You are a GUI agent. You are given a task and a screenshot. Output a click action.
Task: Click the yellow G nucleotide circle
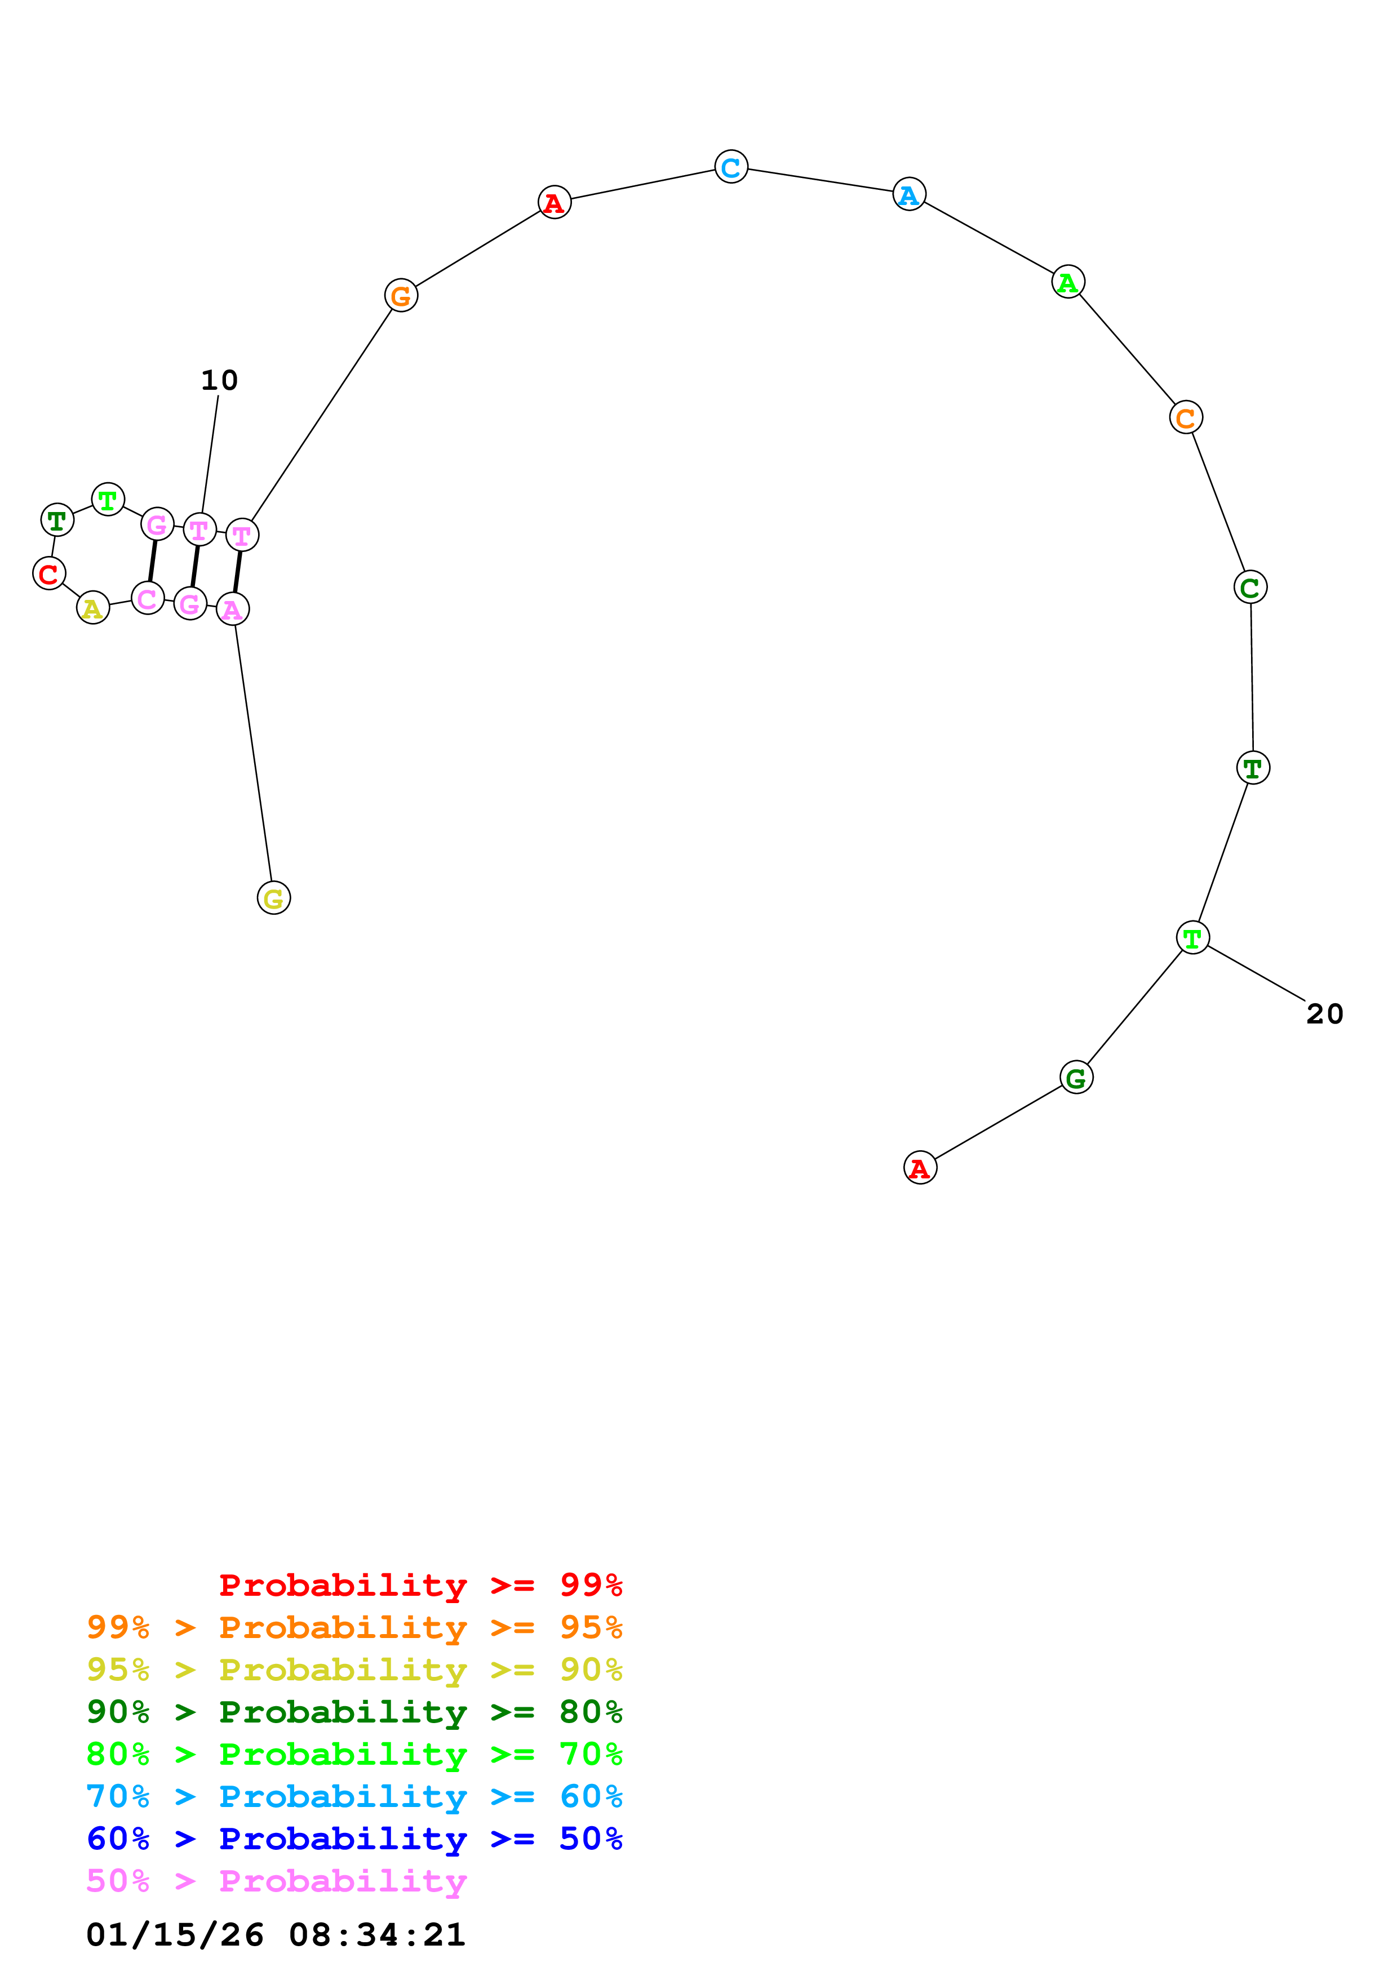point(274,898)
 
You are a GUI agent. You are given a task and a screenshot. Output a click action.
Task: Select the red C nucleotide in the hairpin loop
point(49,573)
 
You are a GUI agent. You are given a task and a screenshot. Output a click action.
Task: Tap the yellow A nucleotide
point(93,608)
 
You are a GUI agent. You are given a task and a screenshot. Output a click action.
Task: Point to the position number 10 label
point(219,380)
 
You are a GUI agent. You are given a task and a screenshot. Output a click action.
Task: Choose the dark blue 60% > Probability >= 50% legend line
point(354,1839)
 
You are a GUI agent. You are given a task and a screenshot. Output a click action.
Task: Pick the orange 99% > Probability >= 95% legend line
point(354,1627)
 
